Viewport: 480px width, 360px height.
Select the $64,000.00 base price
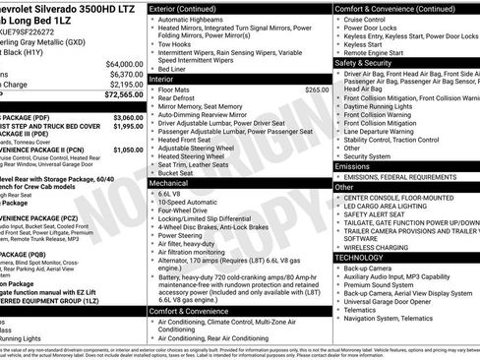point(122,63)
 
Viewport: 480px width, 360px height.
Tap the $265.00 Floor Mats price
point(317,90)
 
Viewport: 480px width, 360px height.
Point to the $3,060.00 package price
point(124,117)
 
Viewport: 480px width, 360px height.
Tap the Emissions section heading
point(354,167)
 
